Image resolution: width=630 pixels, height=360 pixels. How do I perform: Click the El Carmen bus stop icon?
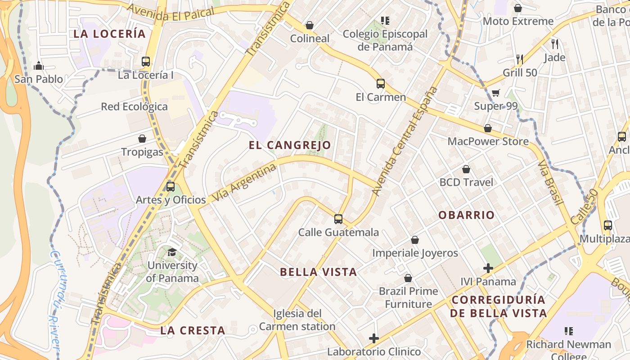coord(381,83)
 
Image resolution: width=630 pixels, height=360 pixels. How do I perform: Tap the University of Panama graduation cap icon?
coord(172,252)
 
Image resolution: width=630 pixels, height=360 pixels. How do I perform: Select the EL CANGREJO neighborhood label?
coord(290,145)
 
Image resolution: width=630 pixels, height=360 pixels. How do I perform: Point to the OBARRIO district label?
coord(467,215)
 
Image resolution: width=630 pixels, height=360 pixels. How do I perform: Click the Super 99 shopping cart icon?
coord(495,93)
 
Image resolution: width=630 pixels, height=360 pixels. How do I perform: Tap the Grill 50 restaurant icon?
coord(520,59)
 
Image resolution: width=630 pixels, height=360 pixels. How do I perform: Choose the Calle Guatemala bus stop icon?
coord(338,219)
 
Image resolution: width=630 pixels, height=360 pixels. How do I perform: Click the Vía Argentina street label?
coord(243,183)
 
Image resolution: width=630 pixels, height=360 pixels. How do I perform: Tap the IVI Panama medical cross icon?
coord(488,268)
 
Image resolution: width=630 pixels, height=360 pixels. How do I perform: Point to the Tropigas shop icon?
coord(142,139)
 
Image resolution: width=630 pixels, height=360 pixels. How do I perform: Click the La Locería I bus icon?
coord(146,62)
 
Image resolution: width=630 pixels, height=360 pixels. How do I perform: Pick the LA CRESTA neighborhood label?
coord(193,330)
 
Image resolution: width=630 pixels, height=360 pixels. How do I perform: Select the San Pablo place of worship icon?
coord(39,66)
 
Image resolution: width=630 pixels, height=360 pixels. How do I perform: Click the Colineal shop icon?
coord(309,25)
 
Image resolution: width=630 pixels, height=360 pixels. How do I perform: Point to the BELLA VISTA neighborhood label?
coord(318,272)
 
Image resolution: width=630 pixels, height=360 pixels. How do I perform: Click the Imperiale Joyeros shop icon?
coord(415,240)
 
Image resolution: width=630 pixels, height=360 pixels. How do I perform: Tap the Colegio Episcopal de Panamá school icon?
coord(385,20)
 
